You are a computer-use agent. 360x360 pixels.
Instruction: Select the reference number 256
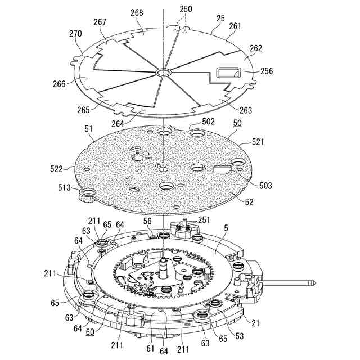(267, 71)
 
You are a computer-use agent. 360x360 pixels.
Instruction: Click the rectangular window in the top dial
(228, 72)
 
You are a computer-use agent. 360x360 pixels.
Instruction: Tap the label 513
(67, 187)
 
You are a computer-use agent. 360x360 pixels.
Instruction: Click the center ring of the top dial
(163, 73)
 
